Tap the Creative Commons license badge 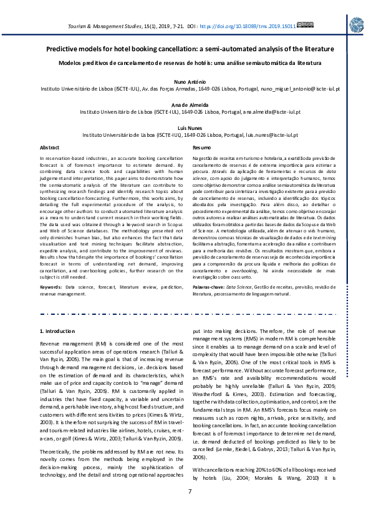pos(305,25)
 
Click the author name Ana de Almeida pos(185,105)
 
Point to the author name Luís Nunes pos(185,127)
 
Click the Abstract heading pos(49,147)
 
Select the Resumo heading pos(201,147)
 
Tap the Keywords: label pos(52,286)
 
